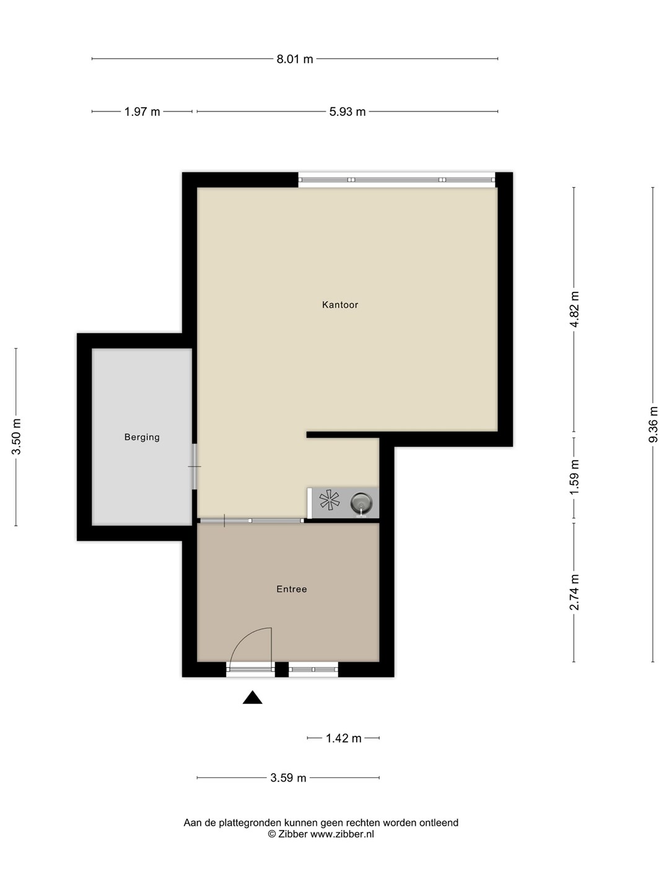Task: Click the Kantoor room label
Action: click(340, 305)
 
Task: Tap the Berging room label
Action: click(142, 437)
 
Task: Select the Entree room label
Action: click(292, 589)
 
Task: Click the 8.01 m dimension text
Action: click(295, 59)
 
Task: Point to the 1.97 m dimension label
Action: click(142, 111)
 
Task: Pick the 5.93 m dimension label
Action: click(348, 111)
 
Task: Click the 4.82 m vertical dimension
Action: click(574, 309)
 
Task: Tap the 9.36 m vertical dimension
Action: click(653, 424)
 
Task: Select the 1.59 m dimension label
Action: click(574, 477)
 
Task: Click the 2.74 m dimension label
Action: click(574, 593)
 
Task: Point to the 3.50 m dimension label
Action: click(16, 437)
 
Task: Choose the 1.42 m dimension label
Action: click(344, 738)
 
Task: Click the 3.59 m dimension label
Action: click(289, 778)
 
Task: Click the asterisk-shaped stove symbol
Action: click(330, 501)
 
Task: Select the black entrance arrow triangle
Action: click(252, 697)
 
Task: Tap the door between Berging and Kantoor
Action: click(195, 466)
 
